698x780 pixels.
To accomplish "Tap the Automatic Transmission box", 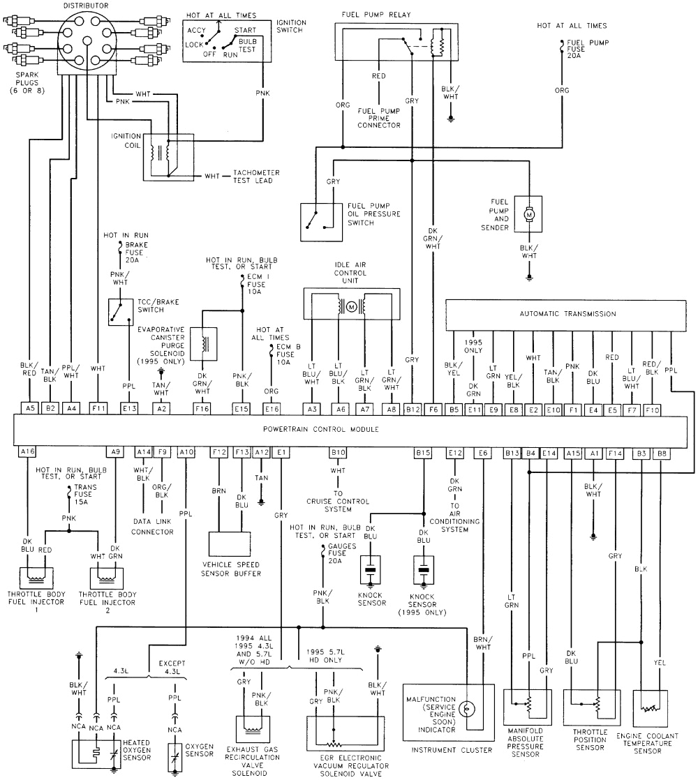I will tap(567, 314).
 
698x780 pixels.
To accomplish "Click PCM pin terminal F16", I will tap(202, 407).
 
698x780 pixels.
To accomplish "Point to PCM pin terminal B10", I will tap(339, 452).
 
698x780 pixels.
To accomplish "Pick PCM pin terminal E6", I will tap(483, 452).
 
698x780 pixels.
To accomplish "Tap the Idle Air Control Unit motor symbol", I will tap(352, 306).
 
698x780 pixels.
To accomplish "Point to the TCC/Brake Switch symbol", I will tap(120, 312).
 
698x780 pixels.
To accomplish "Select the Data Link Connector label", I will tap(153, 527).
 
